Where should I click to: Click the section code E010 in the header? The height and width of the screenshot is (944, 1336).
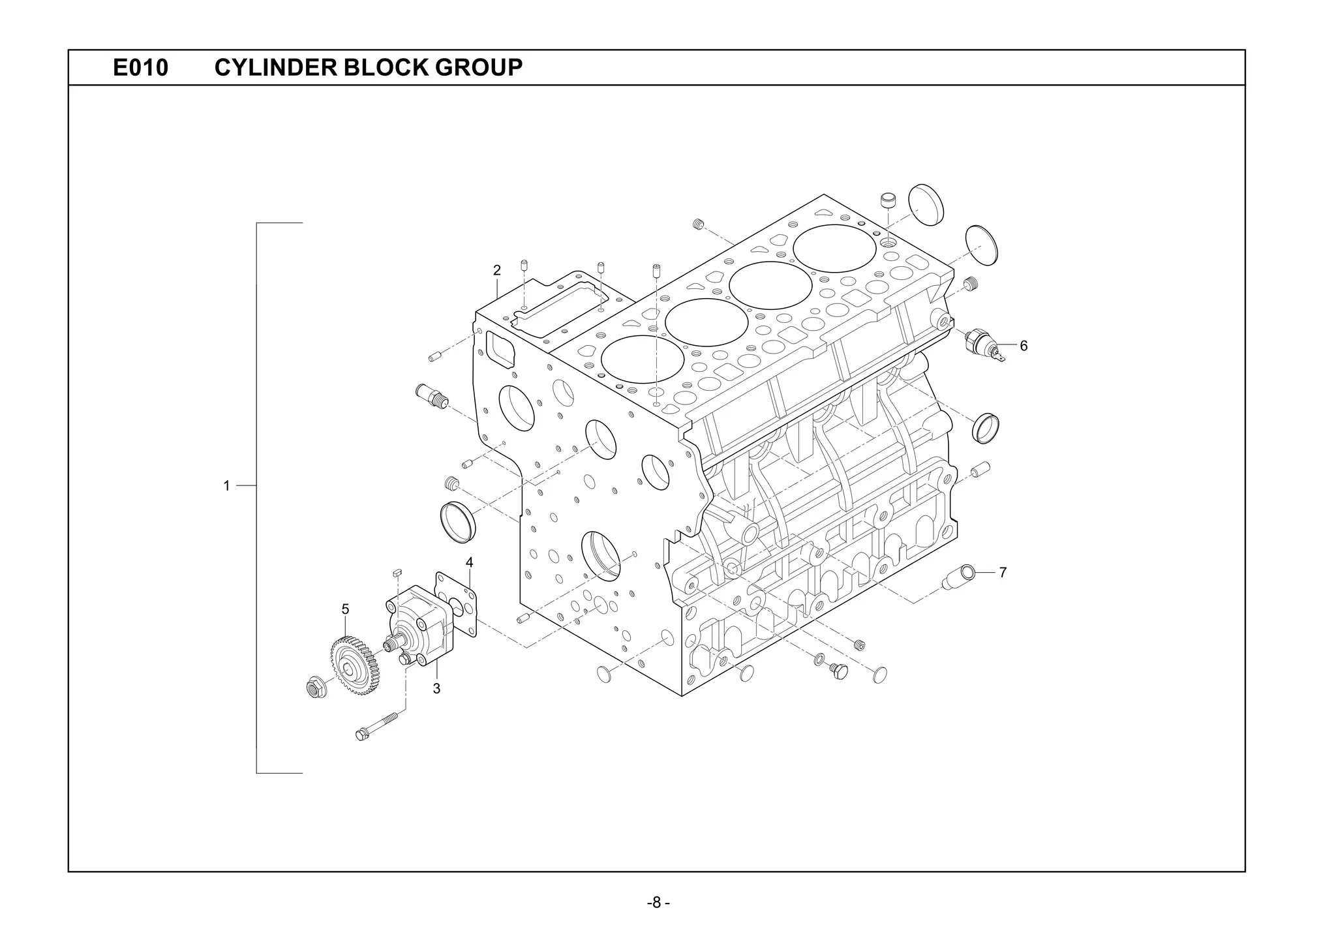pyautogui.click(x=140, y=67)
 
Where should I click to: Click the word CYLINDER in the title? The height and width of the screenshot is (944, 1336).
pyautogui.click(x=275, y=67)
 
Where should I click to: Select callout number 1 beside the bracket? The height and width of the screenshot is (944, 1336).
pyautogui.click(x=226, y=486)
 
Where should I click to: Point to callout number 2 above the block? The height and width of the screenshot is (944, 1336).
pyautogui.click(x=496, y=270)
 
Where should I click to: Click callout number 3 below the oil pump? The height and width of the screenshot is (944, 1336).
pyautogui.click(x=436, y=688)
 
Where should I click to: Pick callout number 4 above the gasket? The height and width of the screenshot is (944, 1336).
pyautogui.click(x=469, y=562)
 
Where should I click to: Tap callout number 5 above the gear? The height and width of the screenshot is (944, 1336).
pyautogui.click(x=345, y=609)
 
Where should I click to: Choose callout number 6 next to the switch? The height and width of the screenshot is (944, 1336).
pyautogui.click(x=1024, y=346)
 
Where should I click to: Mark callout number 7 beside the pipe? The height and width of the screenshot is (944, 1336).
pyautogui.click(x=1003, y=573)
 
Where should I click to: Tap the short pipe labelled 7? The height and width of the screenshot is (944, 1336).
pyautogui.click(x=958, y=578)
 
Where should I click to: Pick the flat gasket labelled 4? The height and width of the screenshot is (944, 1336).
pyautogui.click(x=457, y=604)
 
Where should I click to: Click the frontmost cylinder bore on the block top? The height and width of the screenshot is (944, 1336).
pyautogui.click(x=642, y=359)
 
